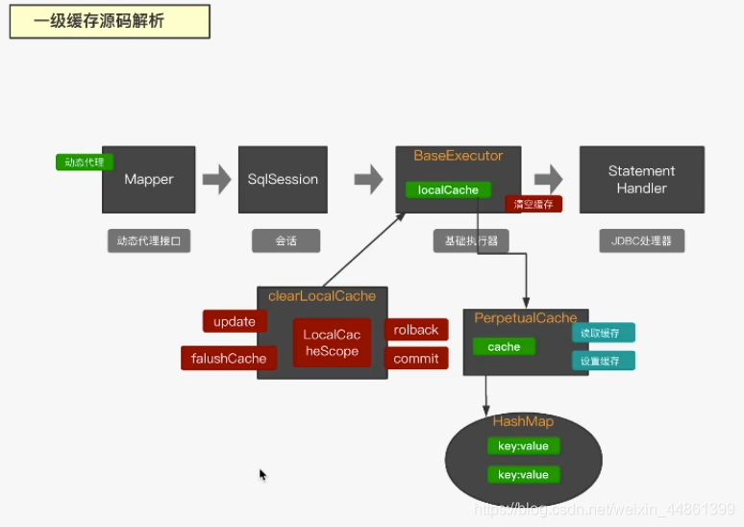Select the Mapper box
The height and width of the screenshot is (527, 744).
(x=149, y=180)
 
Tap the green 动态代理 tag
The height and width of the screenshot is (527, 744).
(x=85, y=162)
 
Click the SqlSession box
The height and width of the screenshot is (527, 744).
(x=283, y=180)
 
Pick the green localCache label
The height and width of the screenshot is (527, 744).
(x=448, y=189)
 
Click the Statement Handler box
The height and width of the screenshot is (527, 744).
(x=641, y=180)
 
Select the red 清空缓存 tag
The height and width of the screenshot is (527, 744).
(x=533, y=204)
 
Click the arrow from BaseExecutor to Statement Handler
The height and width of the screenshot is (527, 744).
(x=549, y=179)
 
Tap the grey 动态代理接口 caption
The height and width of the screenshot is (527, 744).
(x=149, y=241)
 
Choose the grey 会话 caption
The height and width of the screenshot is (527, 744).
(x=285, y=241)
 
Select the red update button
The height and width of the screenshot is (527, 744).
(x=235, y=321)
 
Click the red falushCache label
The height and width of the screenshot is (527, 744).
(x=229, y=358)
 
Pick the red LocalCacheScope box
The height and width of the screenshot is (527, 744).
(x=332, y=342)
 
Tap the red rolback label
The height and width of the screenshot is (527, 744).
(x=416, y=330)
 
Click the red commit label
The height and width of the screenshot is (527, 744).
(x=416, y=359)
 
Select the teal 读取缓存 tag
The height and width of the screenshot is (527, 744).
(x=604, y=333)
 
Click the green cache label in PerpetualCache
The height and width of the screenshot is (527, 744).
(x=504, y=347)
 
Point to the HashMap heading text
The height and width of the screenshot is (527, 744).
(x=523, y=422)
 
